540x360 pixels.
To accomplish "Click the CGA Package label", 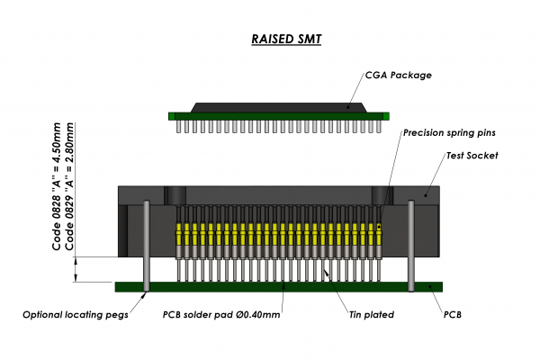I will click(397, 75).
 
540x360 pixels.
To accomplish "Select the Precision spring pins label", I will click(449, 132).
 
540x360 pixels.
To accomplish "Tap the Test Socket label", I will click(472, 156).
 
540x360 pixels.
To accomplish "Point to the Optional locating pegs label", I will click(76, 315).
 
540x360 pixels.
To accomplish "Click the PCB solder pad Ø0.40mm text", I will click(221, 315).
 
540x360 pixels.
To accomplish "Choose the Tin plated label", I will click(376, 315).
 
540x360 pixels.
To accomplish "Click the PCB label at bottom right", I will click(454, 315).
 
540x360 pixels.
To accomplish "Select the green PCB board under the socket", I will click(279, 286).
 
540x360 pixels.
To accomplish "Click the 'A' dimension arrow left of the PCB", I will click(76, 269).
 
